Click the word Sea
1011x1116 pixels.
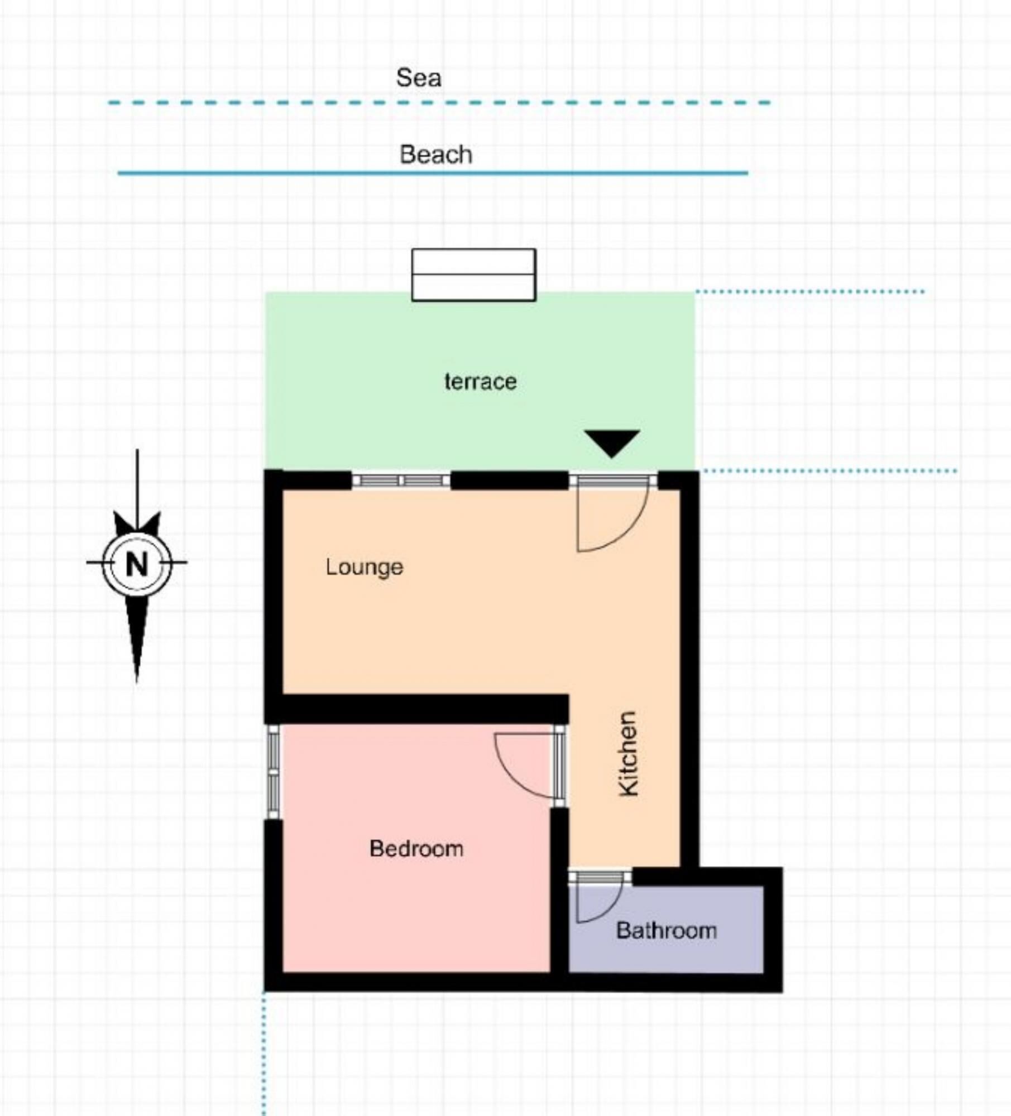pos(419,78)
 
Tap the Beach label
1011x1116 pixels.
pos(435,155)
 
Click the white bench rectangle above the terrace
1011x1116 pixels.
pos(473,275)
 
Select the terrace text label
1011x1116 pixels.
pos(480,382)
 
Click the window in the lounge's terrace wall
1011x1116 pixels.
pos(401,480)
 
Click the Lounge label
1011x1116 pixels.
pos(365,567)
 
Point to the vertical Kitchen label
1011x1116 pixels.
pos(629,753)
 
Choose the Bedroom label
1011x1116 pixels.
pos(416,849)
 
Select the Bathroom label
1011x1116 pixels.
pos(666,931)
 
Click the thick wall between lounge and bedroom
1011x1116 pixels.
pos(416,709)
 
